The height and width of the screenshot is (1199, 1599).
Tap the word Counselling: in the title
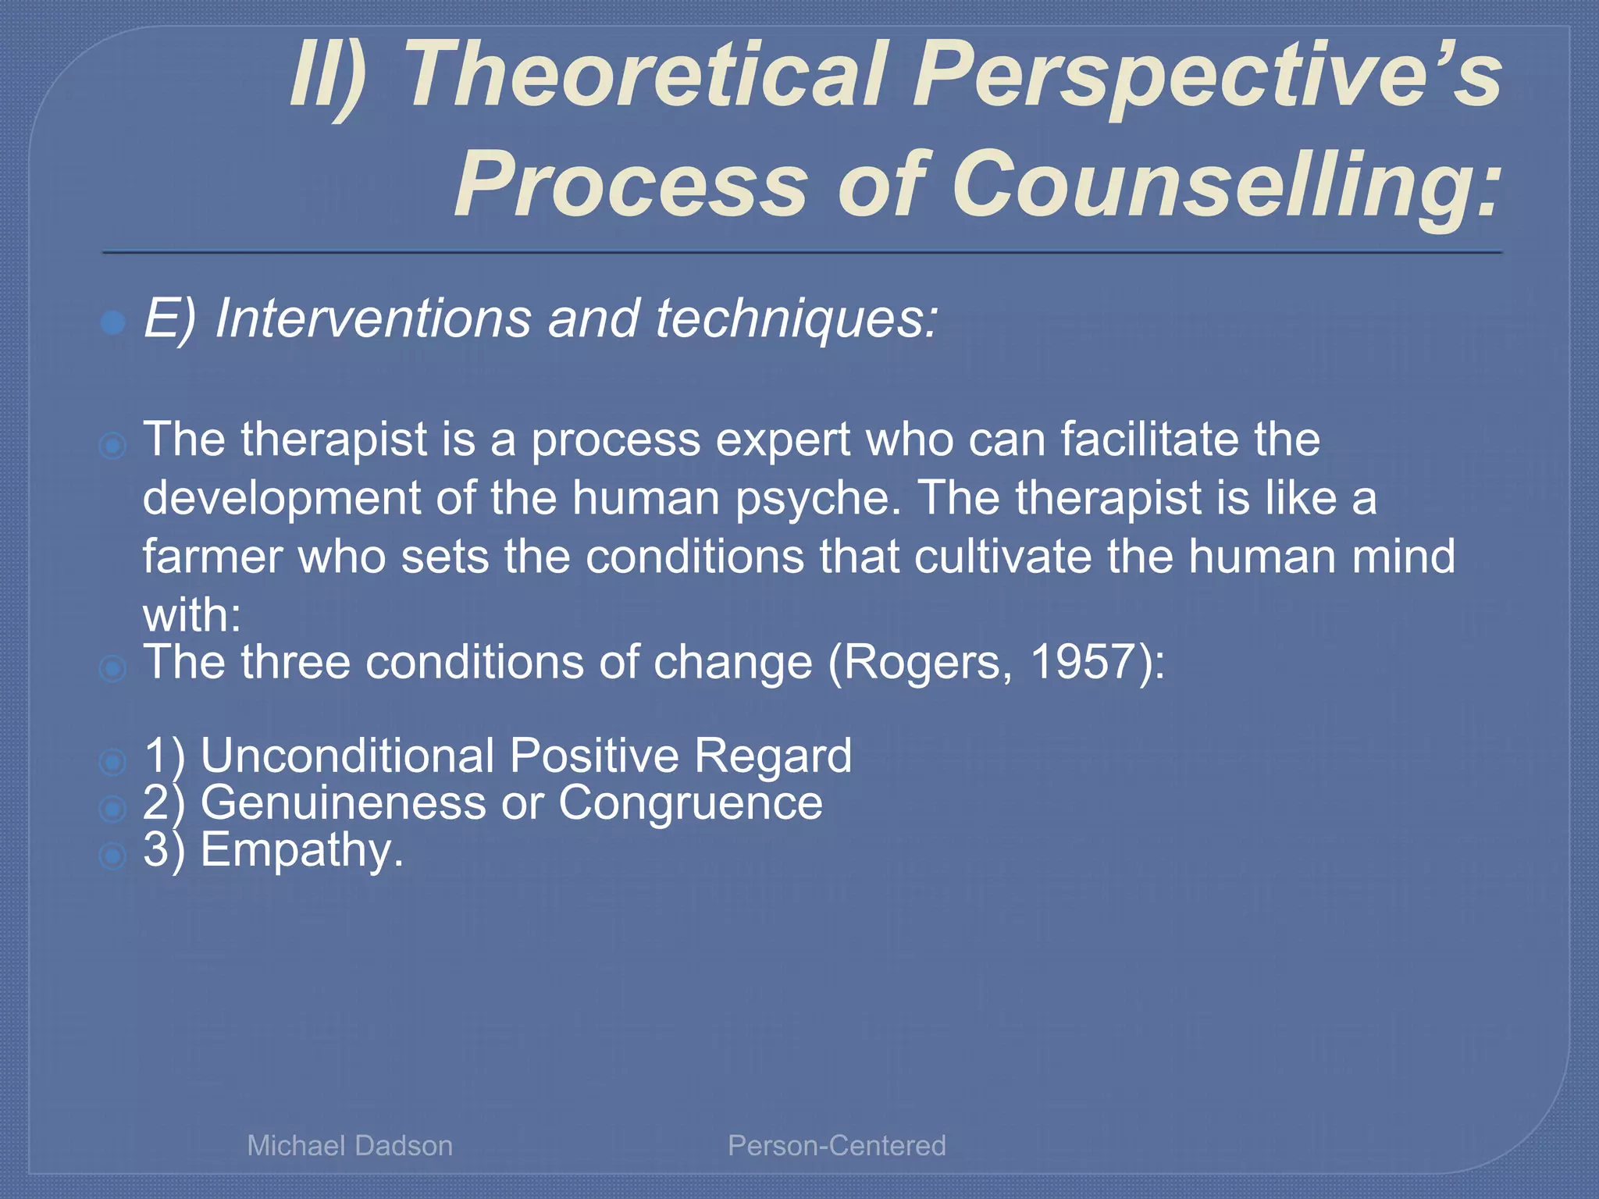click(x=1226, y=184)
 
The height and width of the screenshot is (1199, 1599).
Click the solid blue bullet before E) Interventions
click(x=113, y=322)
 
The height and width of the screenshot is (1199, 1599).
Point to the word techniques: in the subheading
click(x=796, y=318)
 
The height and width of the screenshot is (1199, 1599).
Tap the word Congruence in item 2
click(x=690, y=802)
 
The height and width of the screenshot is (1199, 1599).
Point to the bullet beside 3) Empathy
click(x=113, y=856)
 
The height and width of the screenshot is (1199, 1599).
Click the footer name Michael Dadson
click(x=350, y=1146)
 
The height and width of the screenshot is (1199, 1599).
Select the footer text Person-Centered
click(x=836, y=1146)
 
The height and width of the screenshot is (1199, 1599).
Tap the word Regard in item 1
click(x=772, y=757)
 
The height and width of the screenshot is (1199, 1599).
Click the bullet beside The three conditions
click(x=113, y=668)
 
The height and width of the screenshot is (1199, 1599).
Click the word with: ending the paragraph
click(x=191, y=615)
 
